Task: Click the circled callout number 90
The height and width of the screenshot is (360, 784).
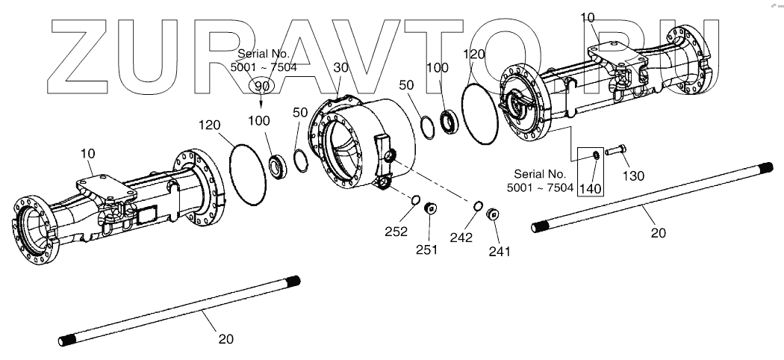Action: pos(261,87)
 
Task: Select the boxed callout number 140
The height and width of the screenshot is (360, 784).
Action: pos(591,187)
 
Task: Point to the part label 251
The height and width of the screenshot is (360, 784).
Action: pos(428,248)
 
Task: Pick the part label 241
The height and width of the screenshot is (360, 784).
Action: pos(499,251)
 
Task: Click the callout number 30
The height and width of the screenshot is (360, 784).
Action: pos(341,67)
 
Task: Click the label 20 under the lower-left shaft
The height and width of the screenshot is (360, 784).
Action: pos(225,338)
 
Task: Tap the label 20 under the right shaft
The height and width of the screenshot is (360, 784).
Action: pos(657,233)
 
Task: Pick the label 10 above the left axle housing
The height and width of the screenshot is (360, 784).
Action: pos(87,154)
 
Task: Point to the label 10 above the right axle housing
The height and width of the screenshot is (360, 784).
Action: pos(588,16)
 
